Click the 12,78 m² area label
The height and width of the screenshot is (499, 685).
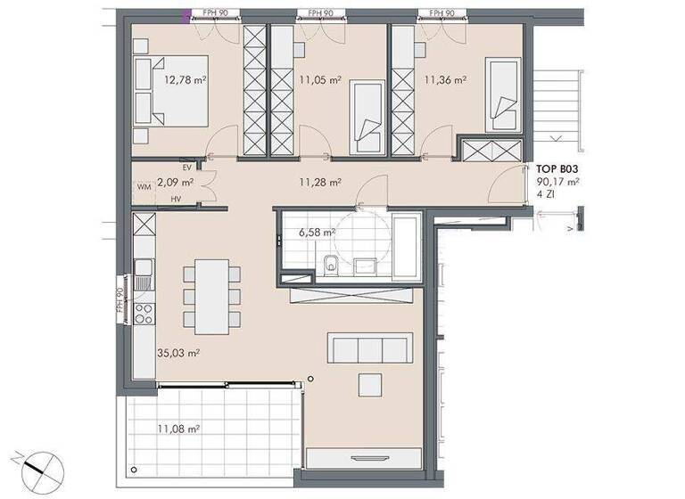point(185,78)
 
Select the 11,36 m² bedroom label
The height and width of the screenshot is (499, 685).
point(446,79)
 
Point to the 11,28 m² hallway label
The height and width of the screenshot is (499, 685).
point(320,183)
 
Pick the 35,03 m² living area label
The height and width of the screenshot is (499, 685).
point(177,353)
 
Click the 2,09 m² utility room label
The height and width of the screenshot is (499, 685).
point(175,182)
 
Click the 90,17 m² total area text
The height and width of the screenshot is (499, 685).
point(557,181)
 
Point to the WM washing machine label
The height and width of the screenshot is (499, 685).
point(144,187)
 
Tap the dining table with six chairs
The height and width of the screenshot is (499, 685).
point(211,295)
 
